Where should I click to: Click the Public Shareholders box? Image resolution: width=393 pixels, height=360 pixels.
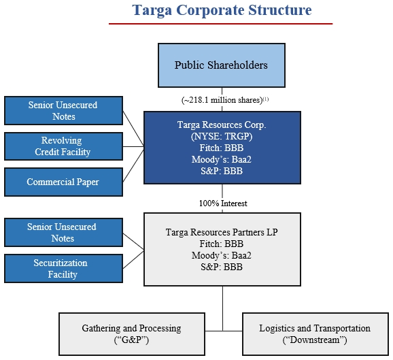(x=222, y=65)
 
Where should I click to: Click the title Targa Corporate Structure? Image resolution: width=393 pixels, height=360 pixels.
(x=222, y=10)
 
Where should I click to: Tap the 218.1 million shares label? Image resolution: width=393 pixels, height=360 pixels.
(x=225, y=100)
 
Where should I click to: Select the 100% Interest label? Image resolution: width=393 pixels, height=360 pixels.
(x=223, y=203)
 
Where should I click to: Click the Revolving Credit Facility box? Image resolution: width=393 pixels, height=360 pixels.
(x=63, y=146)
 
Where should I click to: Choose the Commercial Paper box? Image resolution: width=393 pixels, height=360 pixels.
(x=63, y=182)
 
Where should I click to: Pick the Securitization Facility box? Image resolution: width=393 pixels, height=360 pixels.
(x=63, y=268)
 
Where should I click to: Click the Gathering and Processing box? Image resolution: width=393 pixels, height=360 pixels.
(x=132, y=334)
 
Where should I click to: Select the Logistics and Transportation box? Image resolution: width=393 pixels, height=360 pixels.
(x=315, y=334)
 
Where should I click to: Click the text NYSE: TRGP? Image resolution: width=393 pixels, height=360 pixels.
(x=222, y=136)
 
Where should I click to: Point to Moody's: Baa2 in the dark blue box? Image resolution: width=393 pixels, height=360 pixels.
(x=222, y=159)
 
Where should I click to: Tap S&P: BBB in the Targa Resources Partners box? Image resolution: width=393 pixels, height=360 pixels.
(x=222, y=267)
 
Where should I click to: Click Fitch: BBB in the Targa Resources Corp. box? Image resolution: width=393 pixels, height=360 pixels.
(x=222, y=148)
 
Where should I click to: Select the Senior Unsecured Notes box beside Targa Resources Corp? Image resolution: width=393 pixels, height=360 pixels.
(x=63, y=110)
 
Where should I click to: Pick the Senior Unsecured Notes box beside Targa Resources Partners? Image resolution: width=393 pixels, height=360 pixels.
(x=63, y=232)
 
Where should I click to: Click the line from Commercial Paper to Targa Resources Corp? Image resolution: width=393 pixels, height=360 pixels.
(x=133, y=166)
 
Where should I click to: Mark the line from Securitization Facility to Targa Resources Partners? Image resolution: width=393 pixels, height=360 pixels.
(x=133, y=260)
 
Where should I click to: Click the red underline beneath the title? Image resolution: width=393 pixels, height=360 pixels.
(x=220, y=24)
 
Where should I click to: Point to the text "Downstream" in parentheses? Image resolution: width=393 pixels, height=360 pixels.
(x=315, y=340)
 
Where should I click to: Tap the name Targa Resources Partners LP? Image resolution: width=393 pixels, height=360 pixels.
(x=222, y=232)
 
